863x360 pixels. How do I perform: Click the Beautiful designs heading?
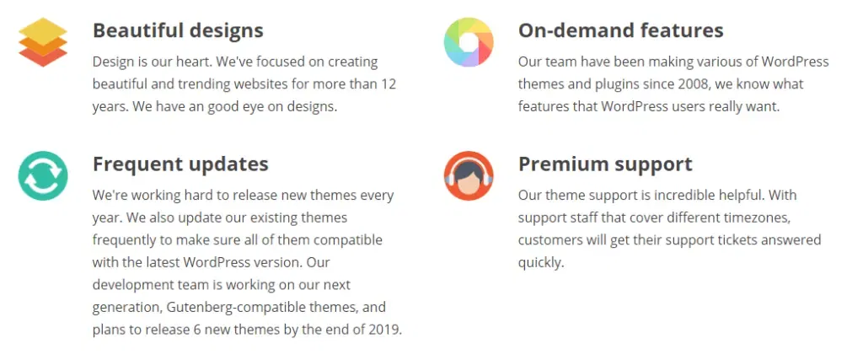tap(178, 30)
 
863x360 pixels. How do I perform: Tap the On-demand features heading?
tap(621, 30)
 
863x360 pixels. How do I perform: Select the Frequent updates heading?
tap(180, 164)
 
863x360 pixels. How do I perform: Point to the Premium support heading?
tap(605, 164)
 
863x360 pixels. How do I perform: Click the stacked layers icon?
tap(43, 42)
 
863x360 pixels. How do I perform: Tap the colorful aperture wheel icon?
tap(469, 42)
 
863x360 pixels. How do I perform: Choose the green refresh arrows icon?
tap(43, 175)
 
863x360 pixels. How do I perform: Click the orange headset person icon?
tap(469, 175)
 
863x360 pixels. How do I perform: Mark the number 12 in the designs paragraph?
tap(388, 84)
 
